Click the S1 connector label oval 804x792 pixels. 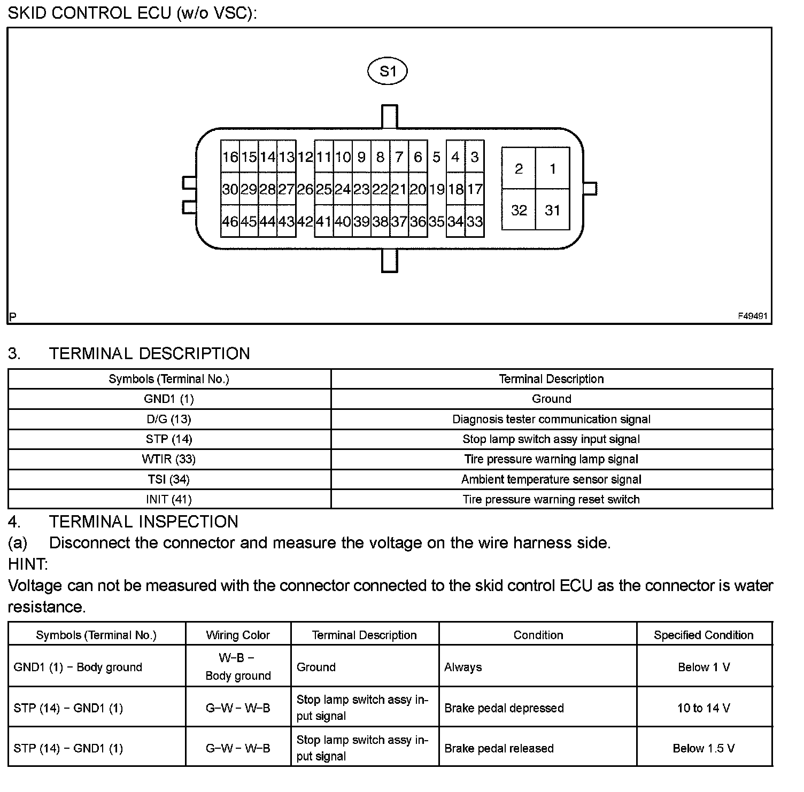coord(388,71)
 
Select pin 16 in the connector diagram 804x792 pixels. coord(230,157)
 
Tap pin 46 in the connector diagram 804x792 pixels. coord(230,221)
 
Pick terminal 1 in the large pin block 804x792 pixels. coord(553,169)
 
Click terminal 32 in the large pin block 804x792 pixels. coord(519,210)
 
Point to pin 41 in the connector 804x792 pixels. coord(323,221)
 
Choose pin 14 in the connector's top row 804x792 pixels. coord(267,157)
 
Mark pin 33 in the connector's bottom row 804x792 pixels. coord(475,221)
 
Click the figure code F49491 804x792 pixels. coord(753,316)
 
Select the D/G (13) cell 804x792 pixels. coord(168,420)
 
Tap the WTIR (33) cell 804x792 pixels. coord(168,460)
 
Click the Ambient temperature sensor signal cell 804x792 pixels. coord(551,479)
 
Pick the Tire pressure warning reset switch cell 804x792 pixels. coord(551,500)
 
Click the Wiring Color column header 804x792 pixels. coord(238,635)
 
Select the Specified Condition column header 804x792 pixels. coord(703,635)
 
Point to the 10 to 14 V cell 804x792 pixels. coord(703,708)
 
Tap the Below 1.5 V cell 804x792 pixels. coord(703,748)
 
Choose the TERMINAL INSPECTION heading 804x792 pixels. coord(143,522)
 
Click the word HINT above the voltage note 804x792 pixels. coord(28,564)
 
